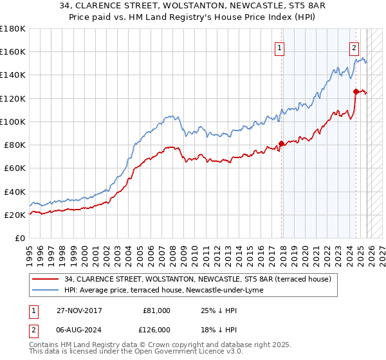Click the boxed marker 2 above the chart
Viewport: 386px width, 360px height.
click(354, 47)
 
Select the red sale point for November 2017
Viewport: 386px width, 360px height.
click(281, 143)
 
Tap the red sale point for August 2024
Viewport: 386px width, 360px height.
click(356, 91)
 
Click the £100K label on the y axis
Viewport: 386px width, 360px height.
click(13, 122)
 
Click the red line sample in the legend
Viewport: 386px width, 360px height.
click(45, 279)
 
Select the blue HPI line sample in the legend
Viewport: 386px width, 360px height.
click(45, 290)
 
